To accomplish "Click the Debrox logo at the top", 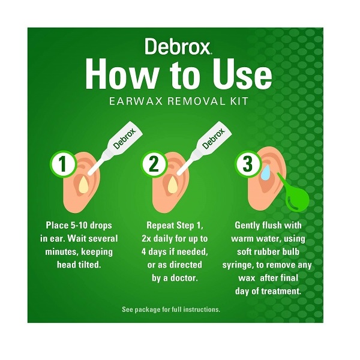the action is coord(177,46).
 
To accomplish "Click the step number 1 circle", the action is coord(63,164).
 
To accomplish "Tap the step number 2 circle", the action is coord(154,164).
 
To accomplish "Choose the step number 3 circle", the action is coord(247,164).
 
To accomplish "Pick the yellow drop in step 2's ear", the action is coord(173,185).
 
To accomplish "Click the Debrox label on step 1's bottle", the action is coord(125,139).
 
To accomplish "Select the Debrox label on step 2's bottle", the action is coord(214,139).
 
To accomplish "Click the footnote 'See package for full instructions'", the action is coord(171,310).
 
